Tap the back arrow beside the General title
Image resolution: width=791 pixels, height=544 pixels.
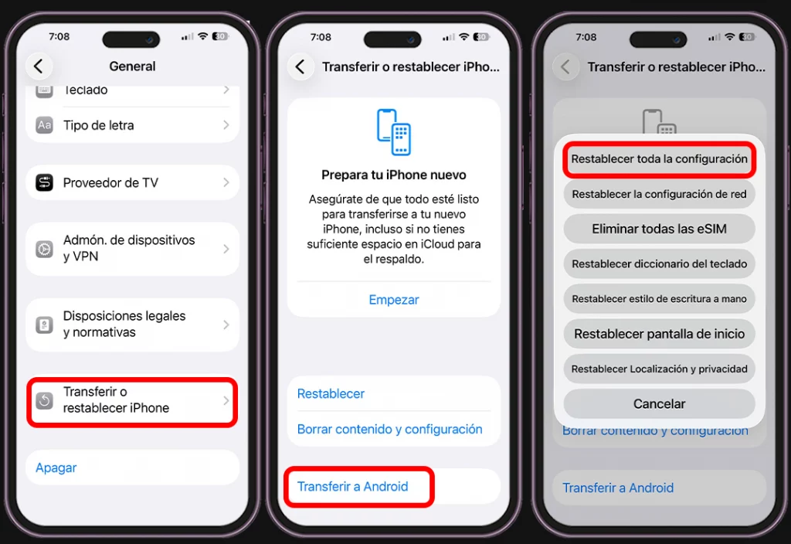point(39,66)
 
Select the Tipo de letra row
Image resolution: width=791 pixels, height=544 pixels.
point(132,125)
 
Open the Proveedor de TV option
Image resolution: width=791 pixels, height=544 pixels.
point(132,182)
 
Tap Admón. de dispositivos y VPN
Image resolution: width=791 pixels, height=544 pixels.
point(132,248)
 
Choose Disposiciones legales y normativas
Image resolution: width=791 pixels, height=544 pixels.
point(132,324)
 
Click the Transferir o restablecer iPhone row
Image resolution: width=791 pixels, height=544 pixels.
point(132,400)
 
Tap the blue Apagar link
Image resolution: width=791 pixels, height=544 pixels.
point(56,467)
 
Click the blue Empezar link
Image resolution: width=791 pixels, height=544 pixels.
point(393,300)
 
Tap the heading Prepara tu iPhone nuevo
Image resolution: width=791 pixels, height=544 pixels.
point(393,175)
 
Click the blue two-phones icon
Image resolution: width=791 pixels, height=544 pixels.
point(394,132)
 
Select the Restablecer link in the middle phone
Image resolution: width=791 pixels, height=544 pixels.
point(331,393)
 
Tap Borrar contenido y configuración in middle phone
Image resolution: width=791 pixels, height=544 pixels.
point(389,429)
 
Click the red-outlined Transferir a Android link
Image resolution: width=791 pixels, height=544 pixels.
point(352,487)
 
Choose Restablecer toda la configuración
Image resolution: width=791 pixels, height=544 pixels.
point(659,159)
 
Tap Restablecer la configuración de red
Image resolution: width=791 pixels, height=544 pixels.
point(659,194)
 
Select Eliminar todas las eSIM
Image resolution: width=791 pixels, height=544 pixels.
point(659,229)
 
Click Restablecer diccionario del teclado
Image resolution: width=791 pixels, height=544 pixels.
point(659,264)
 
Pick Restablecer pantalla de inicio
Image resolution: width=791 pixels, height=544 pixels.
point(659,334)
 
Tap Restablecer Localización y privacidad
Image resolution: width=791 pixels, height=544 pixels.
point(659,369)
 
